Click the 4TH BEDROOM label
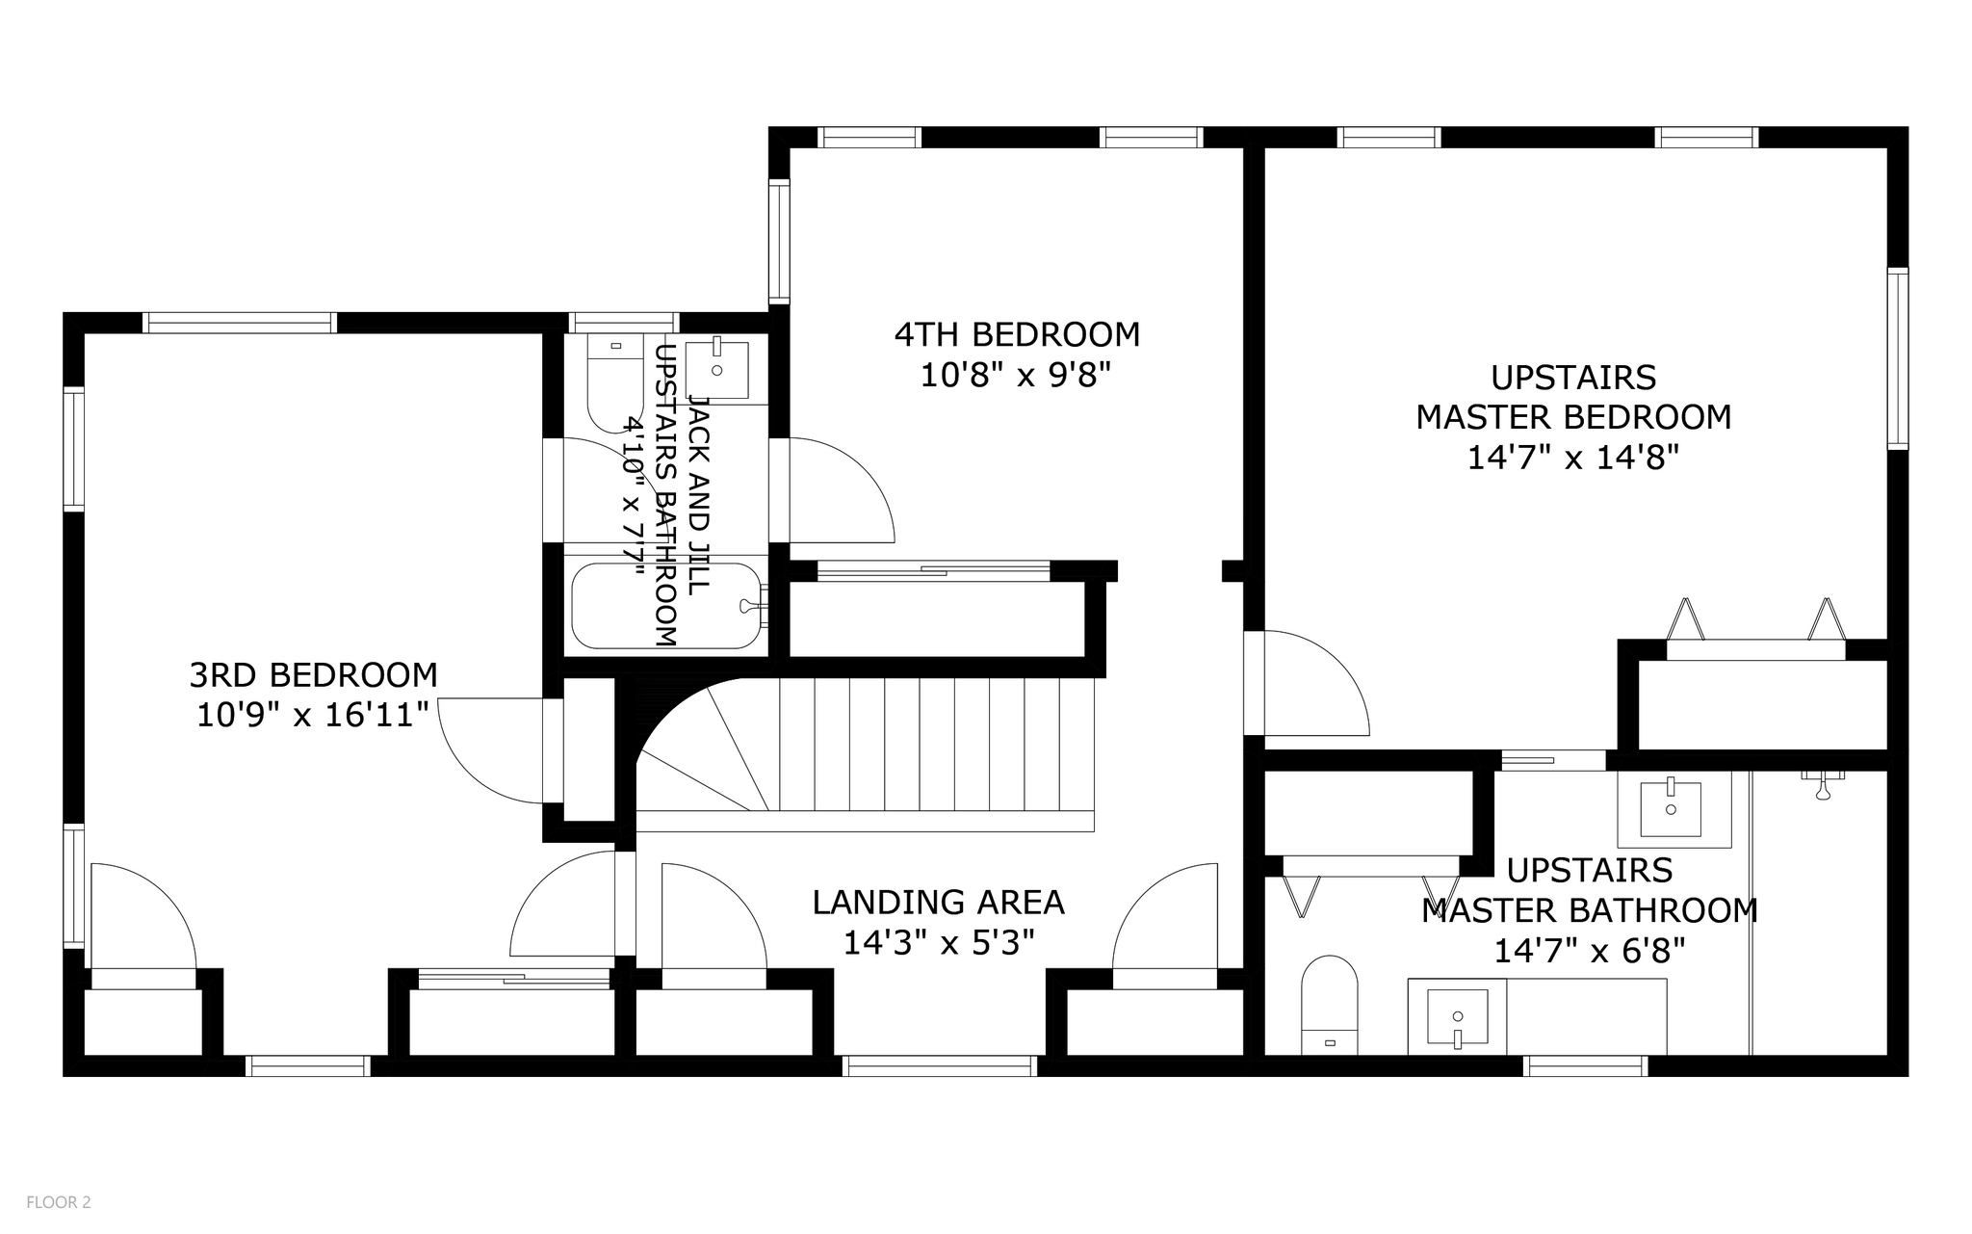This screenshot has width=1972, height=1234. coord(1017,334)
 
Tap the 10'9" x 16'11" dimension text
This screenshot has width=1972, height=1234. coord(313,716)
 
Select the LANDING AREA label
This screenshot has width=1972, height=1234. coord(938,903)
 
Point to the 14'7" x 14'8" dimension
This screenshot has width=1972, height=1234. coord(1572,458)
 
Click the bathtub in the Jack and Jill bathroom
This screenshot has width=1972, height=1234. coord(664,606)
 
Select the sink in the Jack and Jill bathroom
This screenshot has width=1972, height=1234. coord(717,368)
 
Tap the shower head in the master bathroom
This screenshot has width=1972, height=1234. coord(1822,784)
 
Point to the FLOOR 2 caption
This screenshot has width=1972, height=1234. coord(58,1202)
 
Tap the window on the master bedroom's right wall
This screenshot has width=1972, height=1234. coord(1897,358)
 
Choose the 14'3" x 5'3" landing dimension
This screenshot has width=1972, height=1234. coord(938,943)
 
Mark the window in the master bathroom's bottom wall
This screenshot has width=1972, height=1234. coord(1585,1066)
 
